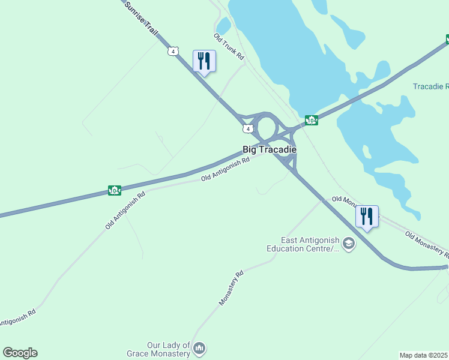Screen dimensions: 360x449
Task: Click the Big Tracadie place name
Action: pos(270,149)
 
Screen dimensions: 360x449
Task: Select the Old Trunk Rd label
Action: pos(229,47)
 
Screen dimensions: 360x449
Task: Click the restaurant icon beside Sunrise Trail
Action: pos(204,61)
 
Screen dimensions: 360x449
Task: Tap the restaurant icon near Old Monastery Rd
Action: pos(367,216)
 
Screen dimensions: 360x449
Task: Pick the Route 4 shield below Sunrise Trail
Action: pos(173,52)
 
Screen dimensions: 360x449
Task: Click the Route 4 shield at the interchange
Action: pos(247,129)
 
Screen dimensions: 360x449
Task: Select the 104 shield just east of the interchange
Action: pos(311,121)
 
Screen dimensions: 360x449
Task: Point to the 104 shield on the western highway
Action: pos(115,190)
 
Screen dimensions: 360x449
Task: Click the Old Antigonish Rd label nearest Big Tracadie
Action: pos(225,170)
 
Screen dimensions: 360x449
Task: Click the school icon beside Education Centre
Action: pos(349,244)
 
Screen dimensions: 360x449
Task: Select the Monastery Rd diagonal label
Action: pos(231,289)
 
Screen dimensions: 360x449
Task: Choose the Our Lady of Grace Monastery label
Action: pos(169,349)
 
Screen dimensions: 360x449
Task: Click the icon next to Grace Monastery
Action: pos(200,348)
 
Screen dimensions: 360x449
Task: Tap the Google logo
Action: pos(20,353)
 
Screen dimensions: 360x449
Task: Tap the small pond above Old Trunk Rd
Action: pos(223,26)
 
